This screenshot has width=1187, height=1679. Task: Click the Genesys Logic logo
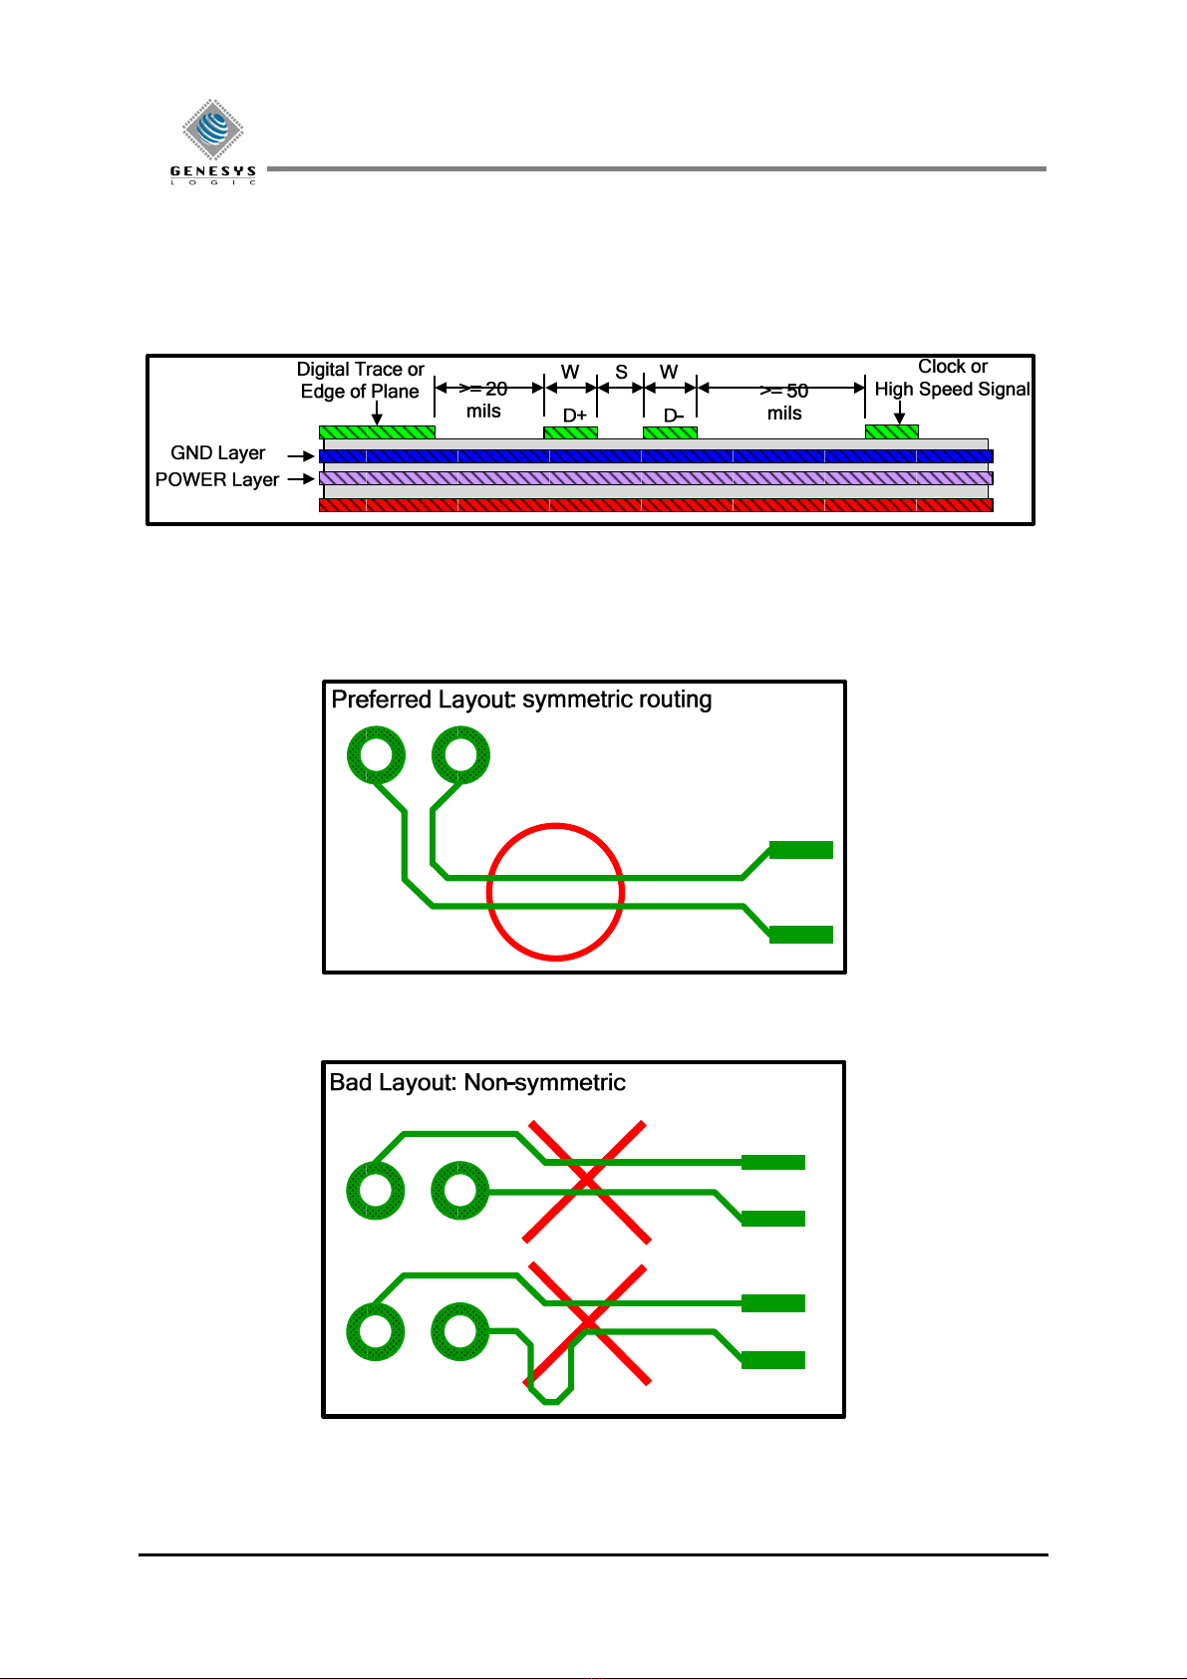213,140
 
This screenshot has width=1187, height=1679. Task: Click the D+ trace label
575,415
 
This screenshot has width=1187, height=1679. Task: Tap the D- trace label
674,415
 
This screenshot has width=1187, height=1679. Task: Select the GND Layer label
217,453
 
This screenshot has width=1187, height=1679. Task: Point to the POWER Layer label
216,479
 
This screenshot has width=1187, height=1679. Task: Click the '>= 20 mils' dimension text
483,400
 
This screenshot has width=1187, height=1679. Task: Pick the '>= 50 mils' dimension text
784,402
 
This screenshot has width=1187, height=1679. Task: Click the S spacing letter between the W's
621,372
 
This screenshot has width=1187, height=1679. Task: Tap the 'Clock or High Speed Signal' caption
952,378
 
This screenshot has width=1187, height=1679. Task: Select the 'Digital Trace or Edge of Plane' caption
360,380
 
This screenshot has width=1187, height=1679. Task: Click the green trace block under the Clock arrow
891,431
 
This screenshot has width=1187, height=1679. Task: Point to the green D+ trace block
570,432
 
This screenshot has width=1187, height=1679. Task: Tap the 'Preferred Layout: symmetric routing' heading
521,700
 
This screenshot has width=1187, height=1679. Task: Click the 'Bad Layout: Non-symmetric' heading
477,1082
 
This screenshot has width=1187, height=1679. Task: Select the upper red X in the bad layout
587,1182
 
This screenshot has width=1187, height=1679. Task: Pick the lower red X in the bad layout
588,1323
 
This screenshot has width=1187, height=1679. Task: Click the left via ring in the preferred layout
376,755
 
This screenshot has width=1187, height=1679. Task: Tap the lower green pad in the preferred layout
800,934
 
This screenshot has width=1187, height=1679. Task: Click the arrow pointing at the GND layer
301,456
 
